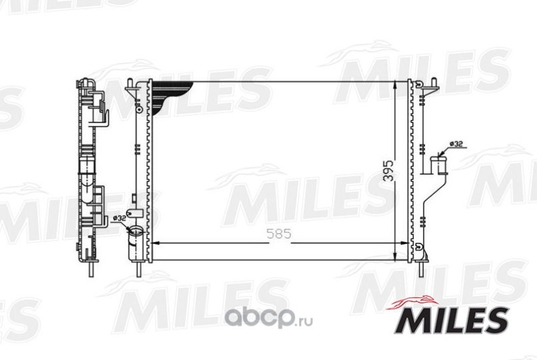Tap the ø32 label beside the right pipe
(x=455, y=144)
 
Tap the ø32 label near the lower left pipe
(x=119, y=218)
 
